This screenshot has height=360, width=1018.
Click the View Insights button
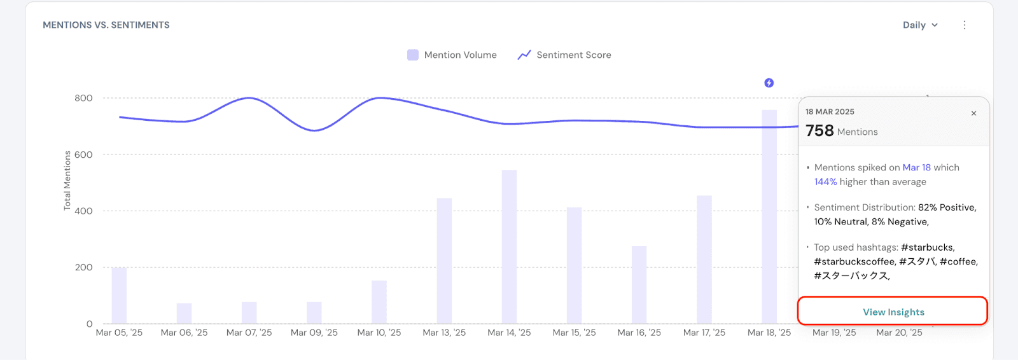(893, 312)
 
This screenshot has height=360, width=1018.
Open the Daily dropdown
(920, 25)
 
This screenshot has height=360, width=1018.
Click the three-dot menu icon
(965, 25)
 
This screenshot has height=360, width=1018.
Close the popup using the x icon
(973, 113)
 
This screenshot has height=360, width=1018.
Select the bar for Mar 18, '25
(769, 216)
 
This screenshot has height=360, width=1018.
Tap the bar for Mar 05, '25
(119, 296)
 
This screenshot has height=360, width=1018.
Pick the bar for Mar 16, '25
(639, 285)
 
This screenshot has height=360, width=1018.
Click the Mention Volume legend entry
(452, 55)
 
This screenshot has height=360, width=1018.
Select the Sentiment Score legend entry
(565, 55)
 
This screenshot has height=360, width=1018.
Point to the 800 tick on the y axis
(83, 98)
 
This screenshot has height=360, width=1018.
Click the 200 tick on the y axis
(83, 267)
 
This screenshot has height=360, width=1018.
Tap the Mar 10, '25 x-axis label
(379, 333)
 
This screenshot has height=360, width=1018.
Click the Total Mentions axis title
(67, 181)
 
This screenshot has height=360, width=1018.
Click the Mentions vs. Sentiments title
(106, 25)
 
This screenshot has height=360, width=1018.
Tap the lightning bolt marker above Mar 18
(769, 83)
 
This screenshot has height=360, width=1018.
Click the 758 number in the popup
(819, 130)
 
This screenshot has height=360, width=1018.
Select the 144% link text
(825, 182)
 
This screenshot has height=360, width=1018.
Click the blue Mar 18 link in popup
(916, 167)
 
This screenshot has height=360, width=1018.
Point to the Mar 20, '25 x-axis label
(899, 333)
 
